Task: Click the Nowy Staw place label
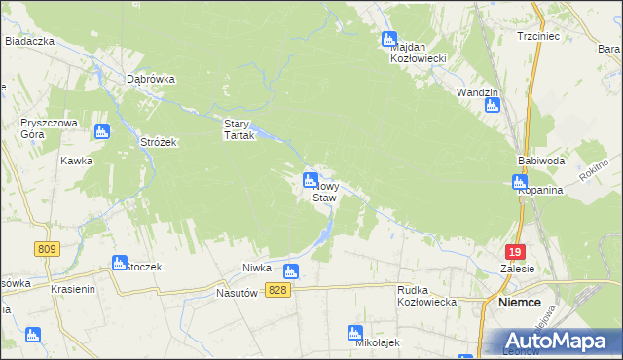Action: point(326,191)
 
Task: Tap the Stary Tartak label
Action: point(238,129)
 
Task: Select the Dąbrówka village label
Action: point(151,80)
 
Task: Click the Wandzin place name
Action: point(477,92)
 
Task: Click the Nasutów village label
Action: point(235,292)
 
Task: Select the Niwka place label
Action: point(255,268)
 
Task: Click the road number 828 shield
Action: point(278,292)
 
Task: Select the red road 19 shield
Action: point(515,250)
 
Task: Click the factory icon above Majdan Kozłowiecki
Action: point(388,40)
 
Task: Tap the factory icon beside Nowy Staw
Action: point(310,179)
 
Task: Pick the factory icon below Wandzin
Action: point(493,106)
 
